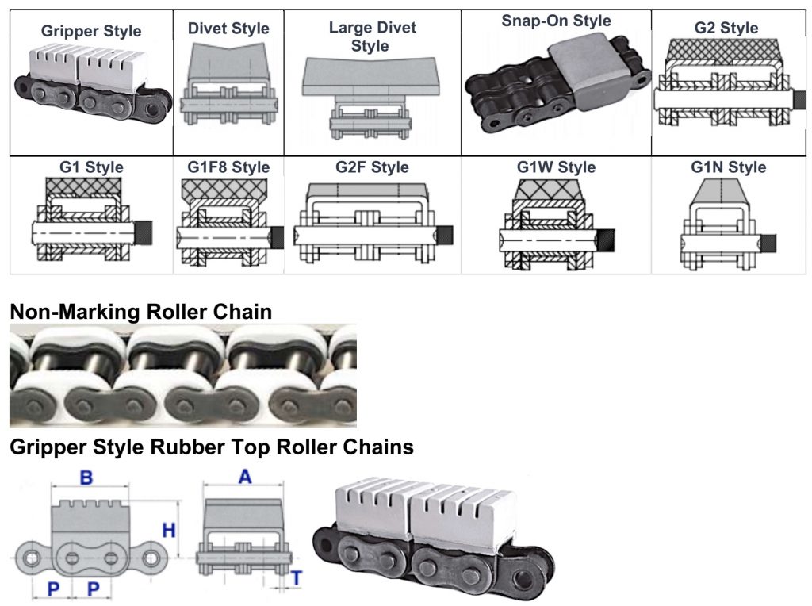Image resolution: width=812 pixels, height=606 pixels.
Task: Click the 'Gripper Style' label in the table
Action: click(91, 32)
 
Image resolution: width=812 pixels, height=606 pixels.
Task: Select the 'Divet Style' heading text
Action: click(228, 29)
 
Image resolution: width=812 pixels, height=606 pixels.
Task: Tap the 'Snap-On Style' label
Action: click(556, 20)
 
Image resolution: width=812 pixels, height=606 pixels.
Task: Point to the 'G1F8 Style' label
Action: click(228, 167)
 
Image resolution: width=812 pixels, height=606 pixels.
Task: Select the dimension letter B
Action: click(89, 478)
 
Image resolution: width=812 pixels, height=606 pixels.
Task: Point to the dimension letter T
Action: click(295, 579)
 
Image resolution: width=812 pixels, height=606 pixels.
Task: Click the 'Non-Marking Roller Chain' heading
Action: click(140, 312)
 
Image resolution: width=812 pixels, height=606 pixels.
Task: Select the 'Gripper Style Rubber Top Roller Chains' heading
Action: click(211, 447)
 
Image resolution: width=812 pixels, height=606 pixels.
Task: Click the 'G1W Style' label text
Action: click(555, 167)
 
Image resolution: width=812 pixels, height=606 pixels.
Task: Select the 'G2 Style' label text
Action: click(726, 29)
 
